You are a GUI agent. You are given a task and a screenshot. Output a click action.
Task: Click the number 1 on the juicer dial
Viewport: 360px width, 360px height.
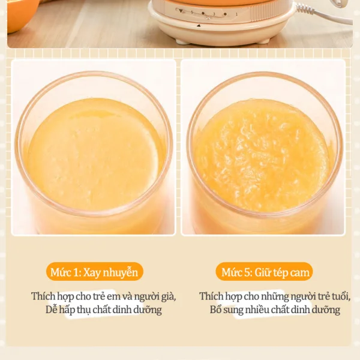[236, 14]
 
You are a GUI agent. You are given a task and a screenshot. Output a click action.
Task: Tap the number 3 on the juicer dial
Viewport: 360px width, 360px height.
[214, 14]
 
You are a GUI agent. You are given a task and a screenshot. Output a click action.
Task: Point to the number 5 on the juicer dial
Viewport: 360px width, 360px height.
[192, 12]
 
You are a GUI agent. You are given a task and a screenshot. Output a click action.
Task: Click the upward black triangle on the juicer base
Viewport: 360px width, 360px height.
[199, 26]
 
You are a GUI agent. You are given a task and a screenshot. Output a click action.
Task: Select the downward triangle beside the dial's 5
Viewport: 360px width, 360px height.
[181, 11]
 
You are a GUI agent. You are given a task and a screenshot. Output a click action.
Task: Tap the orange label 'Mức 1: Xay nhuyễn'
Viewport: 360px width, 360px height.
[94, 272]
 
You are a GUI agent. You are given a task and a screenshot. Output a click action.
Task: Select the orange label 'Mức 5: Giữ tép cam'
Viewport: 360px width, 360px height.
[264, 272]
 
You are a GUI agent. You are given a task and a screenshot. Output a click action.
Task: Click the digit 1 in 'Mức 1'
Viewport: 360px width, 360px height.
[76, 272]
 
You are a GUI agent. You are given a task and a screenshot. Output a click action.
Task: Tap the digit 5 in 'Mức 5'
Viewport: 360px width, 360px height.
[247, 272]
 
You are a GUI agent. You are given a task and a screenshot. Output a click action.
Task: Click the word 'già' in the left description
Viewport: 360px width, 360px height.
[168, 297]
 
